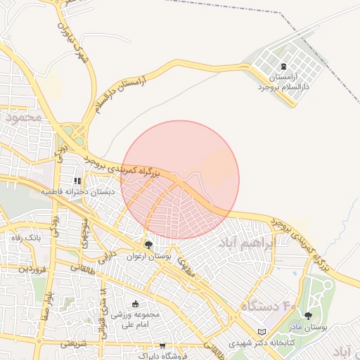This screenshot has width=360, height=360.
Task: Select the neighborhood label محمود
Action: [24, 117]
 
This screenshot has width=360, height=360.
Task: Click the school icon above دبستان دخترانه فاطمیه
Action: [77, 181]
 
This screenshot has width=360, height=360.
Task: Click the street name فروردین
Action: [32, 268]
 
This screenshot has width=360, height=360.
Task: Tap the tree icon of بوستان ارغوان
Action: [148, 245]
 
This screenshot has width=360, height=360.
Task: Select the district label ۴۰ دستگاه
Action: [267, 307]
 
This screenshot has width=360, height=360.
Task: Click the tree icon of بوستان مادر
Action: [307, 316]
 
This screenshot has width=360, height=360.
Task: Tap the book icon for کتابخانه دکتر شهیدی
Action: [262, 332]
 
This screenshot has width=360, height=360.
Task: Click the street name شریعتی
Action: [73, 344]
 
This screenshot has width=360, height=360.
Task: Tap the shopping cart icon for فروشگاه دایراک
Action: [163, 345]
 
